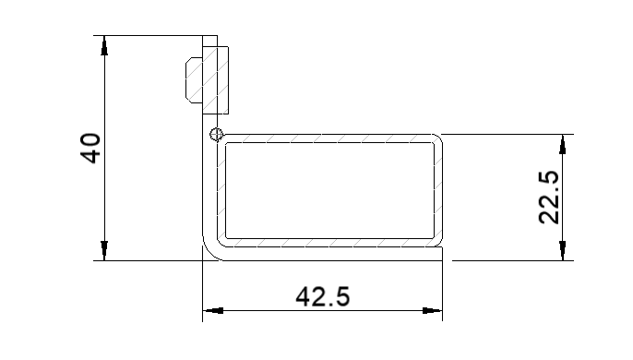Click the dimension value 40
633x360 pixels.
[90, 148]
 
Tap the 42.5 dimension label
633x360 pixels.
[322, 296]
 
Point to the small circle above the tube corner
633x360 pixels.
[216, 135]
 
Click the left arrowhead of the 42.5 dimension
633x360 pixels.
[211, 311]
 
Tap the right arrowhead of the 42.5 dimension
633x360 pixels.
[433, 311]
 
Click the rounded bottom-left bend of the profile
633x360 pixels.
[210, 248]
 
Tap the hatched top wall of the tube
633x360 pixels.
[328, 138]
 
